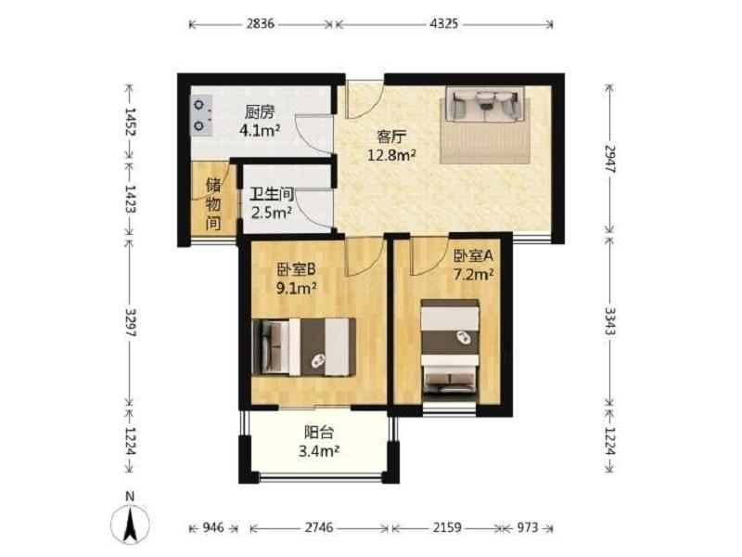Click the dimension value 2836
(x=261, y=23)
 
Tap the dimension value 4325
(x=444, y=23)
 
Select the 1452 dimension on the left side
(x=130, y=122)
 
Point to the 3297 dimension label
(x=130, y=322)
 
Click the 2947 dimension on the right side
(x=610, y=159)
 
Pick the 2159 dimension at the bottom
(x=447, y=527)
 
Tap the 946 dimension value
(x=213, y=527)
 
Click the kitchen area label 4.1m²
(x=260, y=130)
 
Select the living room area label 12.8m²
(x=392, y=154)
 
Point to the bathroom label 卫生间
(x=272, y=194)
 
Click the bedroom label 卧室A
(x=474, y=256)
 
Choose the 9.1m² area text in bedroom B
(x=296, y=288)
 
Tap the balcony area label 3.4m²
(x=319, y=451)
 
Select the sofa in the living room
(x=484, y=105)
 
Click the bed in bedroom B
(x=304, y=347)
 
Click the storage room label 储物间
(x=213, y=204)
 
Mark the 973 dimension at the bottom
(x=527, y=527)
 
